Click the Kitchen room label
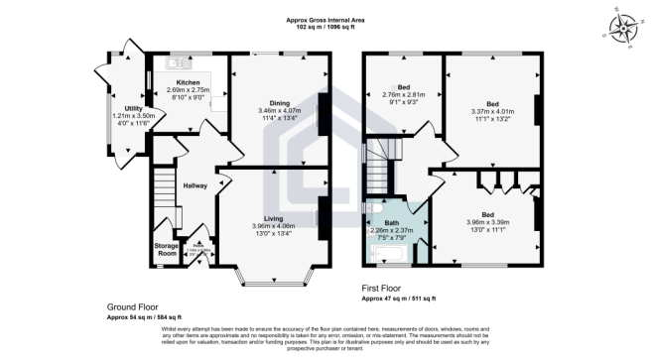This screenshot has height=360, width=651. [x=189, y=82]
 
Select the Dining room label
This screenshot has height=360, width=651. [x=279, y=102]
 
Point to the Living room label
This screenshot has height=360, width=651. [x=274, y=218]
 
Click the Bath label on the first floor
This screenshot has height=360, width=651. [x=392, y=222]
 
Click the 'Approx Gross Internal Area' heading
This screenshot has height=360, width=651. [x=326, y=20]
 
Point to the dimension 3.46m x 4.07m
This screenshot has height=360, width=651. [x=279, y=110]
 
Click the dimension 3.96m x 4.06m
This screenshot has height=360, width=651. [x=274, y=226]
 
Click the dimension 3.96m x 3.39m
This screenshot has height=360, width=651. [x=487, y=221]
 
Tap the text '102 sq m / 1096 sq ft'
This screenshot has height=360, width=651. [x=326, y=28]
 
